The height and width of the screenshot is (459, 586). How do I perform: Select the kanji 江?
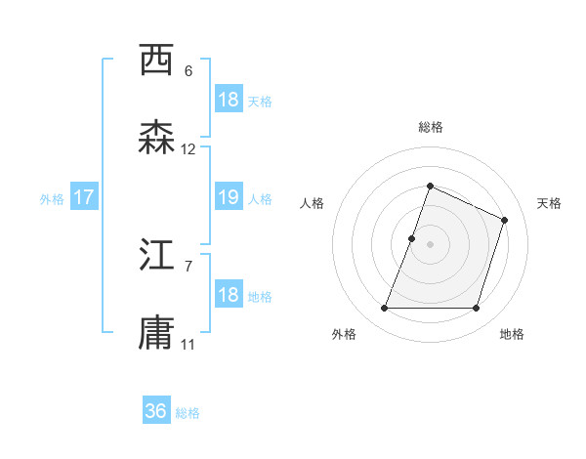(x=157, y=256)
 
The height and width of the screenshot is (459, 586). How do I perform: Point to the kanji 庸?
(x=157, y=334)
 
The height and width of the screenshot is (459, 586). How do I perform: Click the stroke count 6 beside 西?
(x=188, y=71)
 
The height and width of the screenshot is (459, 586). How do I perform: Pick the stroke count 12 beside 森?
(x=188, y=149)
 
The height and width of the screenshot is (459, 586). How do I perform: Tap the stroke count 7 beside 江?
(x=188, y=266)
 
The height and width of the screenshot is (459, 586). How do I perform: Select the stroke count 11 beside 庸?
(x=188, y=345)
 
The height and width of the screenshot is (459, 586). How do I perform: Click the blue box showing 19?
(x=228, y=197)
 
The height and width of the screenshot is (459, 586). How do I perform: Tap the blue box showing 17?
(x=84, y=198)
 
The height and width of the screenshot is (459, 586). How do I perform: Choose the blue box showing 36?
(x=156, y=411)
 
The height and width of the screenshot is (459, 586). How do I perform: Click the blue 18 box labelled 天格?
(x=228, y=100)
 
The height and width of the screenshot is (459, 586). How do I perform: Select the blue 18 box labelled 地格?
(x=228, y=295)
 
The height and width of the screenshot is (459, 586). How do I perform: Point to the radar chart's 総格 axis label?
(x=431, y=127)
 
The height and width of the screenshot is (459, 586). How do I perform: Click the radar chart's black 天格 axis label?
(x=550, y=203)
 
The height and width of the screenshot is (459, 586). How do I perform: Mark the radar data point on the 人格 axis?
(x=412, y=238)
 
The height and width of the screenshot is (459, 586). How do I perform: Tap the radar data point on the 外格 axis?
(x=385, y=309)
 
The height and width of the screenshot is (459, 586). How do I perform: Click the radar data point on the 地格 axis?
(x=477, y=309)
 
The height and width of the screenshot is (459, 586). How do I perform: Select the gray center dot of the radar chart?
(x=431, y=244)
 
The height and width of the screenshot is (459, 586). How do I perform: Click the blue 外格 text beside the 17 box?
(x=52, y=199)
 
